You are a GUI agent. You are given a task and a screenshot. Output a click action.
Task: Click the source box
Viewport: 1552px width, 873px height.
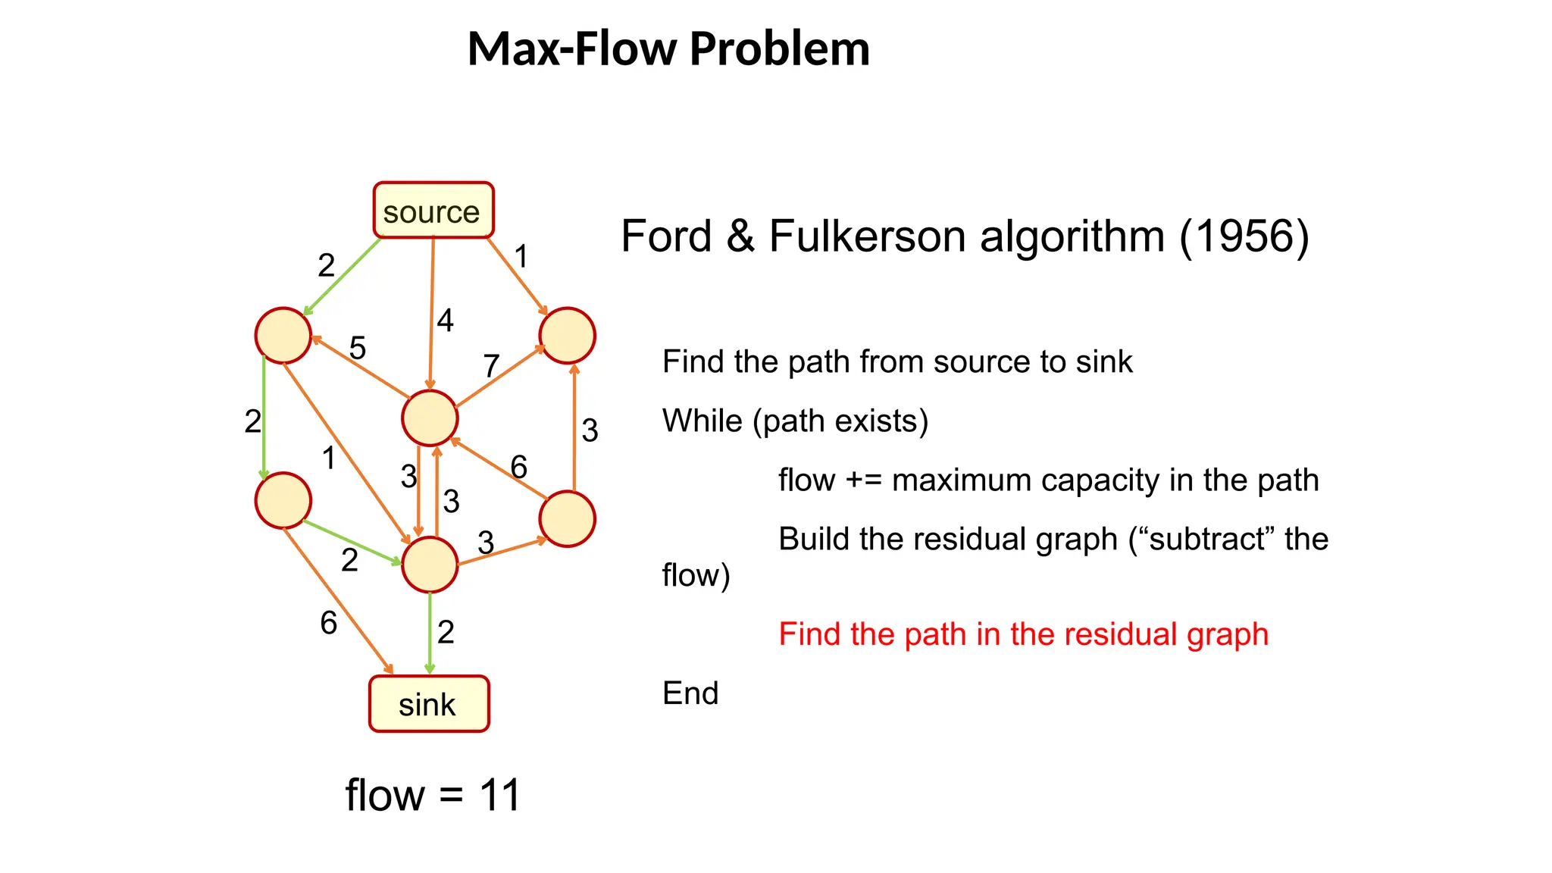click(x=433, y=211)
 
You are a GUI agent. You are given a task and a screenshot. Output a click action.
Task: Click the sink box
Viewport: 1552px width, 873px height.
click(x=429, y=704)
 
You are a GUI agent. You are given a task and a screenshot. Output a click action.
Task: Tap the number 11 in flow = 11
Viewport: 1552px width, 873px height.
click(x=500, y=796)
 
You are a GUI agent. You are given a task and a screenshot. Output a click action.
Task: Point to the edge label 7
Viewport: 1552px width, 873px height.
click(x=491, y=366)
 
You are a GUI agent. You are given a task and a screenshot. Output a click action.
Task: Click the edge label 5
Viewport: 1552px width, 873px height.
click(x=358, y=349)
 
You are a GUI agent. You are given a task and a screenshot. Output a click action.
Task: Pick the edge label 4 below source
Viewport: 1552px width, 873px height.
click(x=445, y=321)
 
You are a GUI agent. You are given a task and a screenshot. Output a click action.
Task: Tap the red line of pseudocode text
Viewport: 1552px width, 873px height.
click(x=1023, y=634)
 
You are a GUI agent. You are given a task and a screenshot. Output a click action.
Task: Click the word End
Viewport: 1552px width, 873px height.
click(x=690, y=693)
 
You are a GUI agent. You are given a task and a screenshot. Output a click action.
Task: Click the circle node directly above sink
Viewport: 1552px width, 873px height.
click(x=430, y=565)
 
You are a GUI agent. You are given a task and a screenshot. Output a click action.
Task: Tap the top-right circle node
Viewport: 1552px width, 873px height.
click(x=567, y=336)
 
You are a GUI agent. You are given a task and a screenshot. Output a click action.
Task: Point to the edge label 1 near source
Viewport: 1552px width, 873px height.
click(x=521, y=256)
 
